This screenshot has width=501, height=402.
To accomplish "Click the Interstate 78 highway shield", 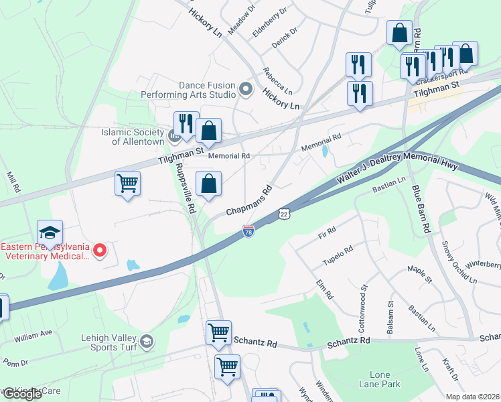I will point(248,231).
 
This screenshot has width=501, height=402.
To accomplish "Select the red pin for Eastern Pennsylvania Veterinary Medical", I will point(100,251).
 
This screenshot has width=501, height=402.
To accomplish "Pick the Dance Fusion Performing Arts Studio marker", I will point(246,88).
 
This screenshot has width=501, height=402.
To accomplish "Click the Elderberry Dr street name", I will point(270,22).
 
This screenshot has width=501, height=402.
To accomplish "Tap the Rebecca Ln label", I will point(277,80).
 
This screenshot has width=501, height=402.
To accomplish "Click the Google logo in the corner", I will point(21,394).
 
